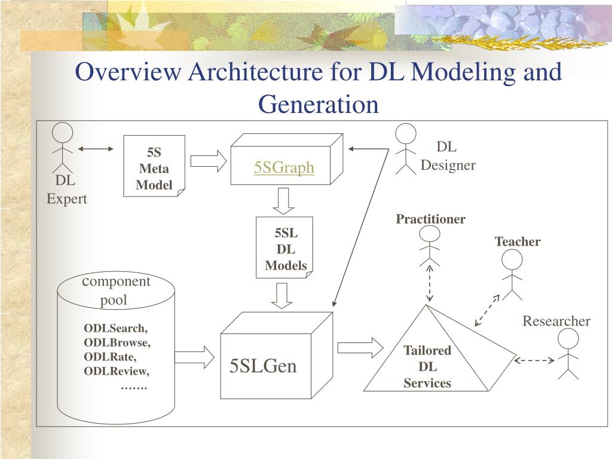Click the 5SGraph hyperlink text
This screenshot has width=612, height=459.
[x=284, y=167]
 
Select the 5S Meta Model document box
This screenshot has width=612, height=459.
[x=154, y=166]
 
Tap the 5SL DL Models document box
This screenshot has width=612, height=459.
[x=284, y=247]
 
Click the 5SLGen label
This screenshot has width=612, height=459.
[x=263, y=366]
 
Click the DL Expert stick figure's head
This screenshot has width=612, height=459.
[x=62, y=132]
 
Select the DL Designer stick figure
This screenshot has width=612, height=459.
[x=406, y=149]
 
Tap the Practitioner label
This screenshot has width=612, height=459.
[x=430, y=219]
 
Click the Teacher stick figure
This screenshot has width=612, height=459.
[x=512, y=275]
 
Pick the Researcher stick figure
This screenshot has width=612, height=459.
[x=568, y=354]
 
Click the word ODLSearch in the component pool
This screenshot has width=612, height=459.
[x=115, y=328]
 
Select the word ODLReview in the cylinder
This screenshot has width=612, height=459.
[x=117, y=371]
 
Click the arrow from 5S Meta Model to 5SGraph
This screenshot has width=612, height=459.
[x=209, y=161]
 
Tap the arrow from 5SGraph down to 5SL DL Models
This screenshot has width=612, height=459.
[x=283, y=201]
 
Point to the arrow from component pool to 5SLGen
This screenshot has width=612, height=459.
[x=194, y=357]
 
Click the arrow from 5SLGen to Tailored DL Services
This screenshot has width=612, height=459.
[x=360, y=347]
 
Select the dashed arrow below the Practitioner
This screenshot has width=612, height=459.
[x=429, y=284]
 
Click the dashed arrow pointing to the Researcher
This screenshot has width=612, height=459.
[x=534, y=360]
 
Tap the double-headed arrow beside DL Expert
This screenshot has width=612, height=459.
[x=96, y=149]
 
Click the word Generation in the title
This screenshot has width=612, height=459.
[x=319, y=104]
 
